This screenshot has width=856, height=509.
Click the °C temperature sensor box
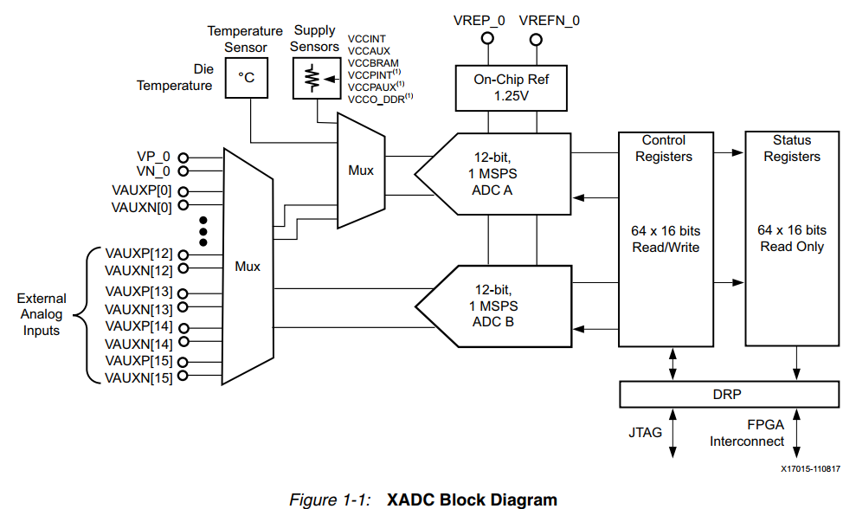coord(247,77)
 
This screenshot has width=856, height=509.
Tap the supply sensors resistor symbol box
coord(315,78)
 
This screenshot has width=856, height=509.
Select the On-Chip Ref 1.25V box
coord(510,87)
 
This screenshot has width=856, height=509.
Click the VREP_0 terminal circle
coord(488,39)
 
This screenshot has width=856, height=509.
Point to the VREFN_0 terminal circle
coord(537,39)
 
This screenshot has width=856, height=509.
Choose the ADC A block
coord(493,174)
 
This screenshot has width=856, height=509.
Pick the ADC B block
coord(493,306)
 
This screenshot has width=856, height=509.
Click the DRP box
coord(729,394)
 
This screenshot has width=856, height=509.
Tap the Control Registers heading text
coord(664,148)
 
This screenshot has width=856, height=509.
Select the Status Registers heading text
coord(791,148)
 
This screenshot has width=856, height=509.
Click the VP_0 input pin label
coord(153,157)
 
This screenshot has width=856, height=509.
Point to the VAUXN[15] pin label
coord(138,377)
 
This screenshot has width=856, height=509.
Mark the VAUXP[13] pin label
coord(138,291)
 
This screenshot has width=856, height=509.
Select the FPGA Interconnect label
coord(748,433)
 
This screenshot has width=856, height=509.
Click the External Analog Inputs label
coord(42,314)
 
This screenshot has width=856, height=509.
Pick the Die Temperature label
coord(174,77)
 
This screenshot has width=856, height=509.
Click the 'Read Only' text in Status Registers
coord(791,247)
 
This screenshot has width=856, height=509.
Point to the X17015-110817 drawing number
coord(810,468)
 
